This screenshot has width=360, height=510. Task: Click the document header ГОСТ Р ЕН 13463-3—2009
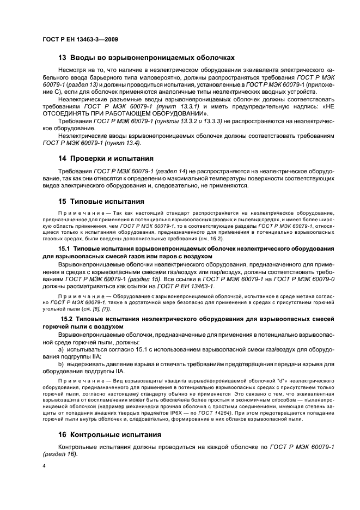[x=80, y=40]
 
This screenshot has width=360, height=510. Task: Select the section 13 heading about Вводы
[x=147, y=57]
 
